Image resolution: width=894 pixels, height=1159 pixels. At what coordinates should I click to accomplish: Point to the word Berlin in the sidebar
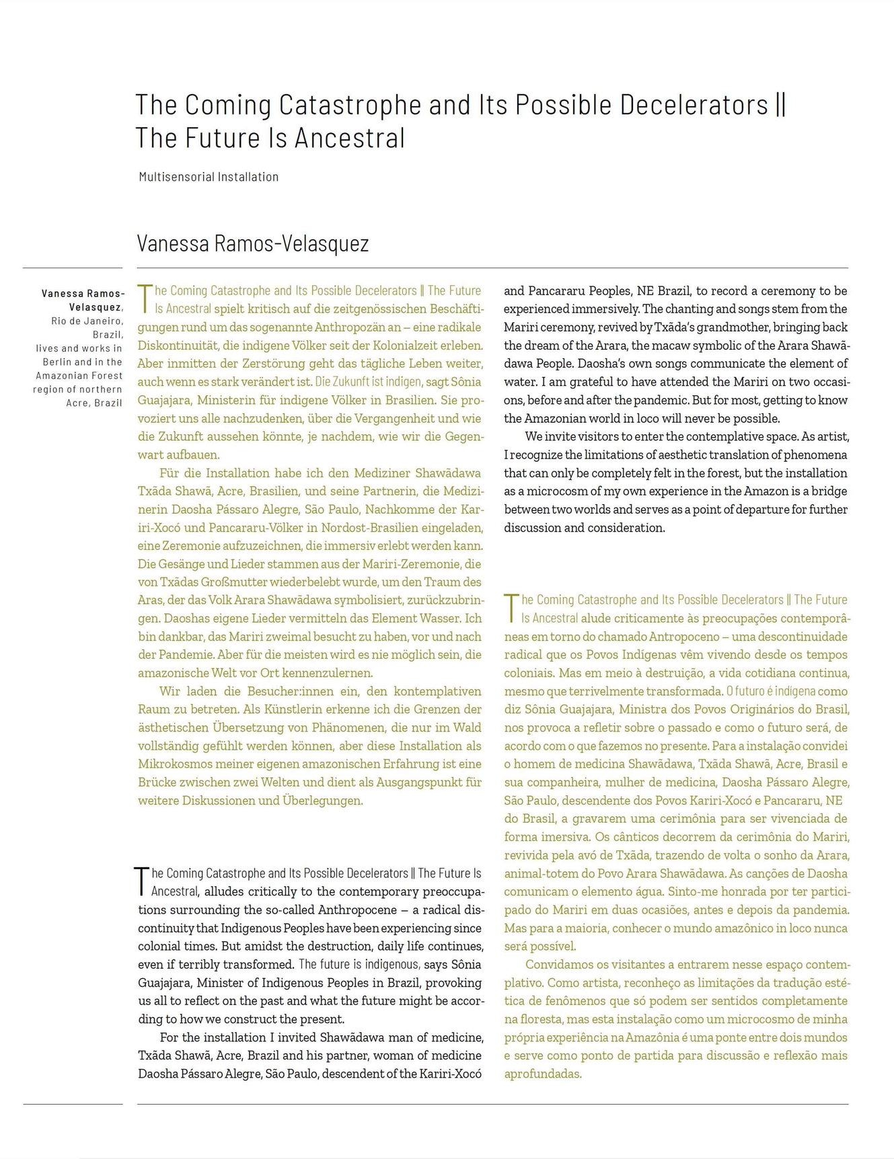tap(57, 362)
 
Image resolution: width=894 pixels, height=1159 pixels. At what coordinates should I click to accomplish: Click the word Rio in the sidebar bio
tap(59, 321)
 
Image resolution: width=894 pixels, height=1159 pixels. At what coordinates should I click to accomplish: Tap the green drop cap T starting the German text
tap(145, 299)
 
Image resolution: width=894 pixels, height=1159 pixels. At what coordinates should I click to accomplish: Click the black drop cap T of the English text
tap(142, 881)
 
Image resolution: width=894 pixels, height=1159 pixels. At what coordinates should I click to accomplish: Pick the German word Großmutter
tap(238, 582)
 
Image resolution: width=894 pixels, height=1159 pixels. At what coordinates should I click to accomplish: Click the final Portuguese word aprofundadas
tap(543, 1074)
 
